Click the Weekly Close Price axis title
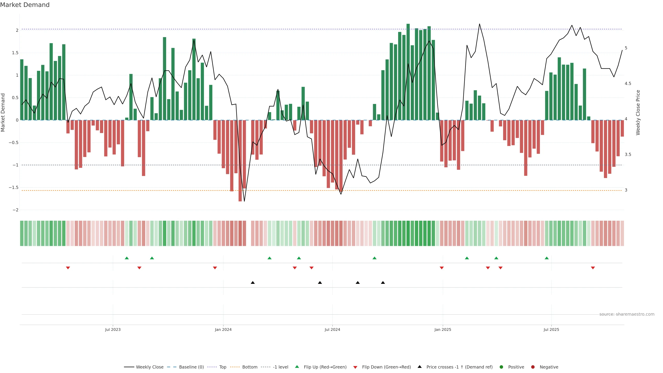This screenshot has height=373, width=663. [x=638, y=112]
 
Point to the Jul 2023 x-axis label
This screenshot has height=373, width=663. [x=113, y=329]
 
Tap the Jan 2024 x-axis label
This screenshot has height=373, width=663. [x=223, y=329]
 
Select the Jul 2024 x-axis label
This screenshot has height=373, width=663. [x=332, y=329]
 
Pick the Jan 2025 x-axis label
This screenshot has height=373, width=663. [x=443, y=329]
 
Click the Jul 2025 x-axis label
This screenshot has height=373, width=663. [x=551, y=329]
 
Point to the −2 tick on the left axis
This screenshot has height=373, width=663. [x=15, y=210]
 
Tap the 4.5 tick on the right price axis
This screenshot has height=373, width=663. [x=628, y=84]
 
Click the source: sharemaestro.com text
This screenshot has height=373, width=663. [x=627, y=314]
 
